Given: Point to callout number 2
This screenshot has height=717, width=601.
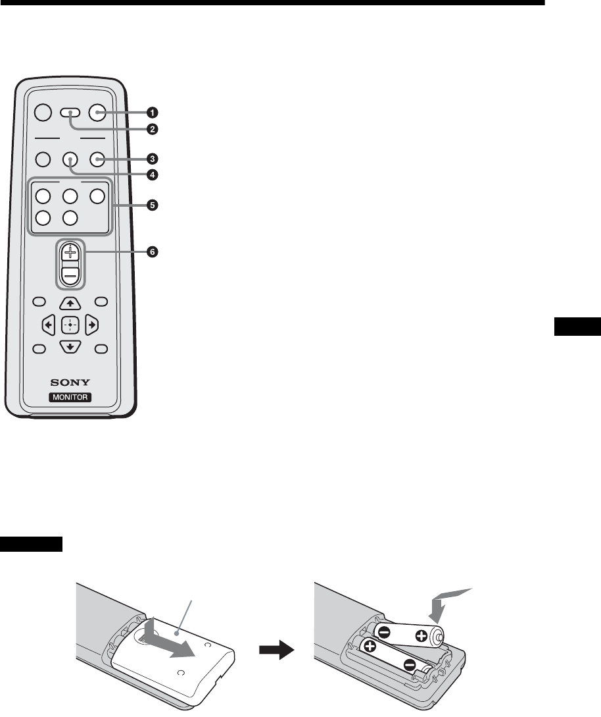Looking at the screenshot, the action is click(x=153, y=129).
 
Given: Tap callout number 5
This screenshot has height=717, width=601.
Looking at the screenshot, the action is click(x=153, y=205).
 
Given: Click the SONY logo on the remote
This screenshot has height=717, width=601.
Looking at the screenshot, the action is click(x=70, y=382).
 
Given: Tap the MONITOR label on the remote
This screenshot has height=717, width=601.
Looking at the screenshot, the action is click(x=70, y=397).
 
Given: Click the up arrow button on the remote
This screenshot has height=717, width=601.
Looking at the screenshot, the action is click(x=70, y=304).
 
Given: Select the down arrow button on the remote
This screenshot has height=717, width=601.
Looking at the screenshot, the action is click(x=70, y=347).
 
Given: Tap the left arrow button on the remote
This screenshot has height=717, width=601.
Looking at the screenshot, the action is click(x=48, y=325).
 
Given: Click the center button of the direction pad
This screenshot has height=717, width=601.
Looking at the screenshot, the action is click(x=70, y=325).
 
